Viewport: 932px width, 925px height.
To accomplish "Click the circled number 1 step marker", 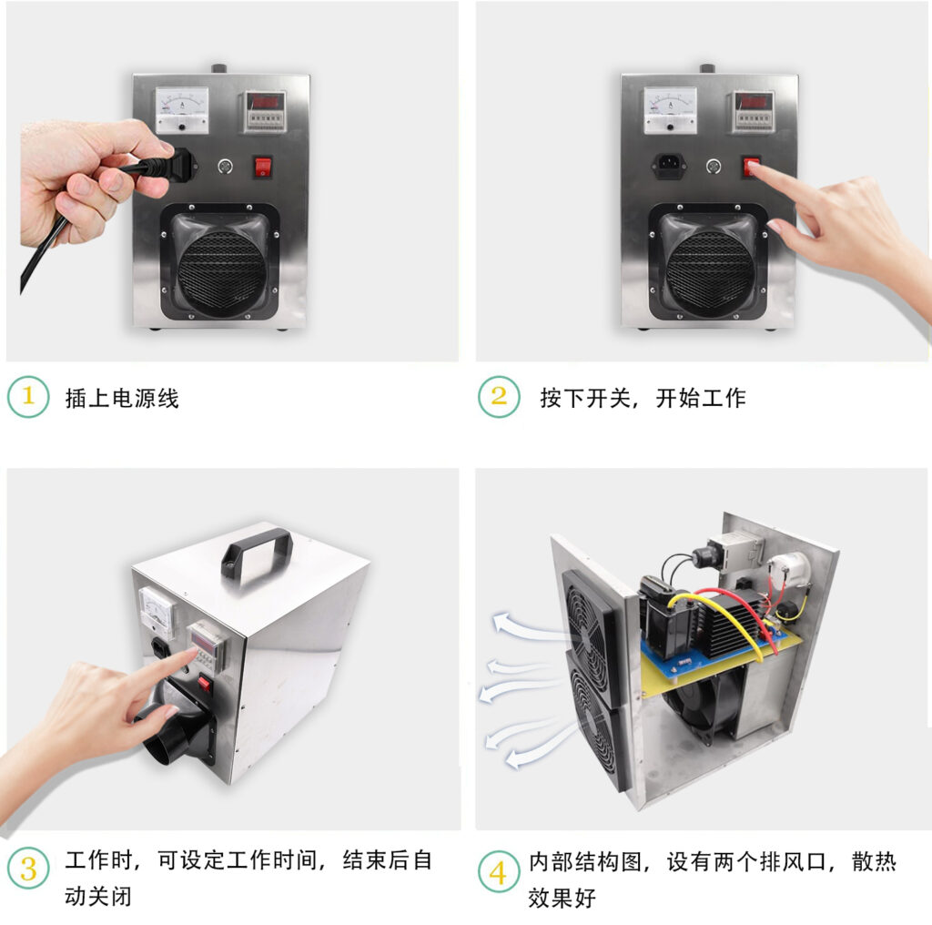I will click(28, 397).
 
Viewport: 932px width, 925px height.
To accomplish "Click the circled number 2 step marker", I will click(499, 397).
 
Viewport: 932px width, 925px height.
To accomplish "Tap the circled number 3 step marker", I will click(28, 870).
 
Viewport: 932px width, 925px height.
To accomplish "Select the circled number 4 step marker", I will click(499, 873).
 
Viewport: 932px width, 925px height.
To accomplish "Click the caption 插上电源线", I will click(122, 398).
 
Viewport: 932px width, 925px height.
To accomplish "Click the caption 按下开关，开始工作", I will click(643, 398).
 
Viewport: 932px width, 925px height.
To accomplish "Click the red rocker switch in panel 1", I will click(263, 167).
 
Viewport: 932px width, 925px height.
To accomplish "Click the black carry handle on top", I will click(257, 546).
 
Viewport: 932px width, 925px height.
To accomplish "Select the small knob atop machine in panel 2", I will click(707, 68).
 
